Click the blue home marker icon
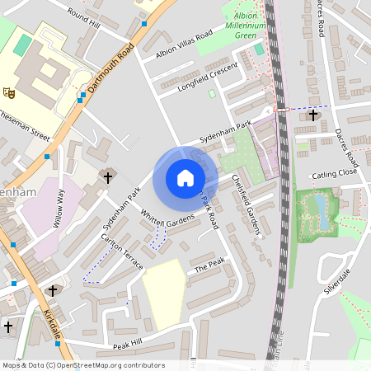(x=185, y=178)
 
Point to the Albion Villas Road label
(x=184, y=47)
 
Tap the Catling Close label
(x=334, y=175)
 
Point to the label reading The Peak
(x=209, y=265)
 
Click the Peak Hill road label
(x=128, y=343)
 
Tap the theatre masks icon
(x=9, y=91)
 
